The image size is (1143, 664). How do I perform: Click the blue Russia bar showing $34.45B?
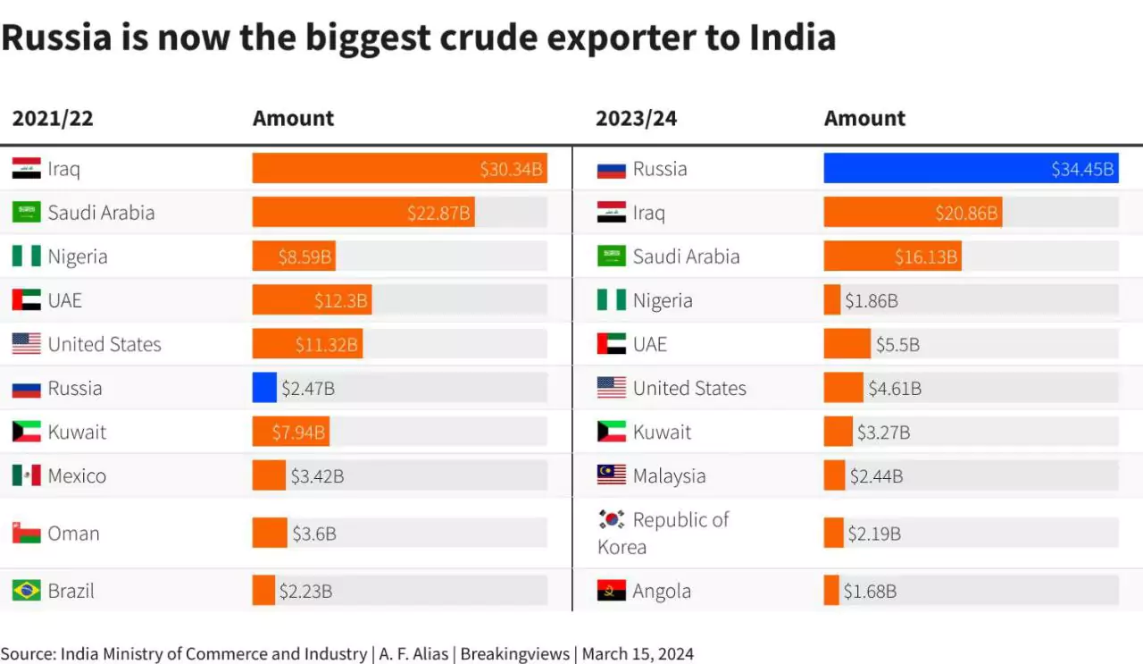pos(970,168)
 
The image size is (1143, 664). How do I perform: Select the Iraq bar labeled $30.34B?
pos(398,168)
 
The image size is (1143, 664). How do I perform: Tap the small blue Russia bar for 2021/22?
pos(264,388)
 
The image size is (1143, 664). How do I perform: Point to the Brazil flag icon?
pos(26,591)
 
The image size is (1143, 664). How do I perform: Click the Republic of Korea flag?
pos(612,519)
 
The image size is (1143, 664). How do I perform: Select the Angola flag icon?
pos(612,591)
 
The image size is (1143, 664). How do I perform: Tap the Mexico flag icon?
pos(26,475)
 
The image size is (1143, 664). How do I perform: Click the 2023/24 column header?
pos(636,118)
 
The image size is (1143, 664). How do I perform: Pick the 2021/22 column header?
pos(53,118)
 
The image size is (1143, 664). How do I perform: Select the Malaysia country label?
pos(669,475)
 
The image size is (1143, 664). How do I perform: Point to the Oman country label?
pos(73,534)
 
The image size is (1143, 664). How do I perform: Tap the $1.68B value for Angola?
pos(870,591)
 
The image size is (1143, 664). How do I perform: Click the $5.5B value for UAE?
pos(897,344)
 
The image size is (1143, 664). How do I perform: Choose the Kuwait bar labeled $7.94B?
pos(290,432)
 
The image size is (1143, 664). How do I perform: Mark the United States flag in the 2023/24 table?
pos(612,388)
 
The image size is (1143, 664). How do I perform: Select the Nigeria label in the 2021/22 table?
pos(78,256)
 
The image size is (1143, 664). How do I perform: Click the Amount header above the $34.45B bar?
pos(864,118)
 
